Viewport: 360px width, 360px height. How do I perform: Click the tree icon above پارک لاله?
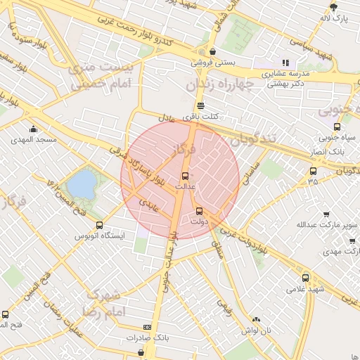[x=334, y=7]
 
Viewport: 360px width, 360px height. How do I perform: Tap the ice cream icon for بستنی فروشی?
[x=212, y=51]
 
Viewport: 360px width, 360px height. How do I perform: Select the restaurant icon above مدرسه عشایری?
[x=285, y=63]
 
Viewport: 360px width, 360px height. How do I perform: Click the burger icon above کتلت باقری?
[x=200, y=105]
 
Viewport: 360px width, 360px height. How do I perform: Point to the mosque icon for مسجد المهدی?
[x=33, y=129]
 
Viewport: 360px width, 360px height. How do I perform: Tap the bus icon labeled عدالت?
[x=186, y=175]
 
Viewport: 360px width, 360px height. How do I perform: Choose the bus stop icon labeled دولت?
[x=199, y=210]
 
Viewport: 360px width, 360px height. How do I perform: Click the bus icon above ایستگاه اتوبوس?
[x=99, y=226]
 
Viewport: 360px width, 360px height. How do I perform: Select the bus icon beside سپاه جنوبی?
[x=337, y=127]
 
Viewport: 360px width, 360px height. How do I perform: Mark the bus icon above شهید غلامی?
[x=305, y=278]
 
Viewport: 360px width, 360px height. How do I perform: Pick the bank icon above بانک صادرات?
[x=147, y=327]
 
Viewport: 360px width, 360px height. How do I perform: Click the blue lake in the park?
[x=83, y=184]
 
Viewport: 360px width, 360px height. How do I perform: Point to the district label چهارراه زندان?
[x=217, y=84]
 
